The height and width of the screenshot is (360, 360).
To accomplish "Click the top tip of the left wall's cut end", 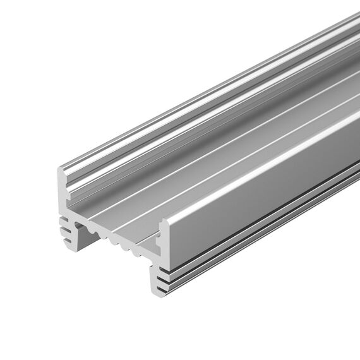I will pyautogui.click(x=62, y=169).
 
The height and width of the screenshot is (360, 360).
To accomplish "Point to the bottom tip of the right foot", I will pyautogui.click(x=156, y=292).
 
